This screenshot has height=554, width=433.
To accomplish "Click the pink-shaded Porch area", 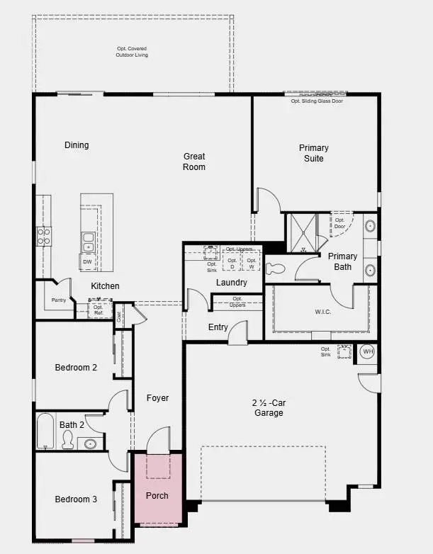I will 158,489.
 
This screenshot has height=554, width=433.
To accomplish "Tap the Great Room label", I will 194,162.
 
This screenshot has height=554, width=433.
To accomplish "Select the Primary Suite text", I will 314,153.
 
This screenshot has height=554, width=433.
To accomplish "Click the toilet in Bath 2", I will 68,440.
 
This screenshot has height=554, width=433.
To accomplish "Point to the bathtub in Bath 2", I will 45,431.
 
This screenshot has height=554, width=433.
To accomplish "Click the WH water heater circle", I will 367,351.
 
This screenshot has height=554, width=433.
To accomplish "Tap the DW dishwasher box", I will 87,262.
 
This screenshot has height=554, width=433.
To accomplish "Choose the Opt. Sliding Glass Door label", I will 317,101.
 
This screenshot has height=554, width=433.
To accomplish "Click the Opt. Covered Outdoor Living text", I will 133,52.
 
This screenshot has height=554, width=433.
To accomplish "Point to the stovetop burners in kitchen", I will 43,236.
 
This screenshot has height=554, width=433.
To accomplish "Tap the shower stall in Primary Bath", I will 302,233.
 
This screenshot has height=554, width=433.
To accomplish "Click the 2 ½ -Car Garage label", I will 268,407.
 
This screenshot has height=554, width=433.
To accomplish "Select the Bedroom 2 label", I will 76,367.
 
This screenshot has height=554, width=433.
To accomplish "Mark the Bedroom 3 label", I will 76,499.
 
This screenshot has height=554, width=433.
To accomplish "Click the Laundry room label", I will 232,283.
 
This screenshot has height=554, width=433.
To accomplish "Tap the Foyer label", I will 157,398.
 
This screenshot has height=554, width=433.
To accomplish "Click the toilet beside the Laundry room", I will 276,268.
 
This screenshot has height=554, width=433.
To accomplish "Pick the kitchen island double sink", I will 88,242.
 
